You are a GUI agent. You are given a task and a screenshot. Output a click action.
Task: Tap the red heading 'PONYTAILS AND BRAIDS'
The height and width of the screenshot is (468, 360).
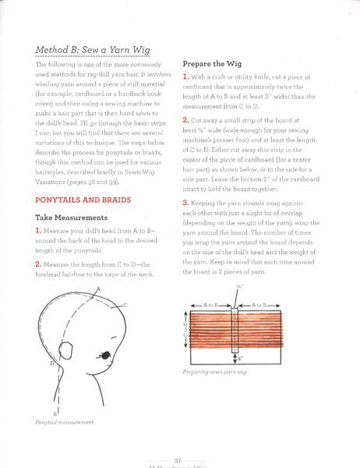pos(83,200)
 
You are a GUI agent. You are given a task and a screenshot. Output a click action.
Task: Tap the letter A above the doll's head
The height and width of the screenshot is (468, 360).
pos(99,290)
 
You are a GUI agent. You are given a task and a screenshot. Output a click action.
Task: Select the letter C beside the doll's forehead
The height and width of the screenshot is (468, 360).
pos(125,306)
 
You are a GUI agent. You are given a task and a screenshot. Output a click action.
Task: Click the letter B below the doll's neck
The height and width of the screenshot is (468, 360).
pos(55,412)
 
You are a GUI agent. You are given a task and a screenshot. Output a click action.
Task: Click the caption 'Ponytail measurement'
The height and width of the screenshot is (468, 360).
pos(65,422)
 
